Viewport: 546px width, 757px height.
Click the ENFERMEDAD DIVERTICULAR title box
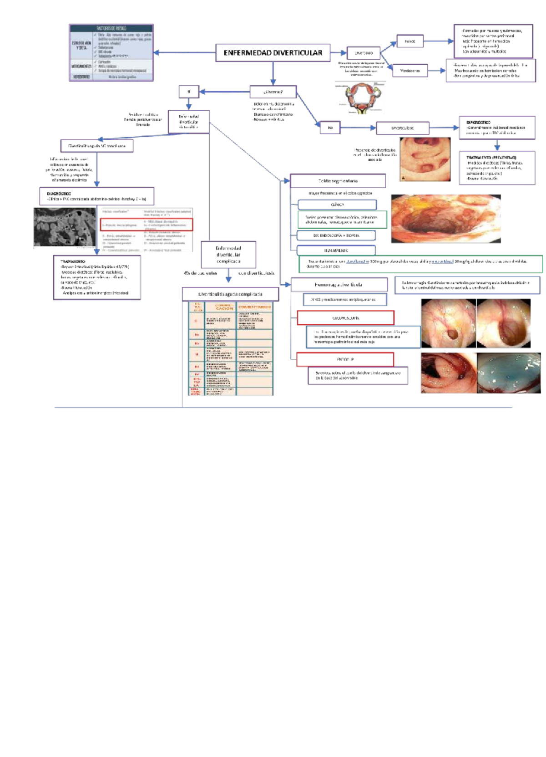[273, 53]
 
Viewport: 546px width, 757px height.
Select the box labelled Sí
[189, 92]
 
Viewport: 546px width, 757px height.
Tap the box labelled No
[330, 128]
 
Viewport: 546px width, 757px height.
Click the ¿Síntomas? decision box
[273, 92]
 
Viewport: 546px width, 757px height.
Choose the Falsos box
[409, 41]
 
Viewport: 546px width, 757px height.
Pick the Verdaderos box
[409, 71]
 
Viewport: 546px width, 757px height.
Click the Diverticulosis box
[402, 128]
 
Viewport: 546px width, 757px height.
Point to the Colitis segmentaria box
[338, 181]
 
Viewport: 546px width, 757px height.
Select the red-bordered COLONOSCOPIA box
[345, 318]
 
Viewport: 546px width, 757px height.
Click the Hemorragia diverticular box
[339, 285]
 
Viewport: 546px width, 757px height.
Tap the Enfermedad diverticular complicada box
[228, 255]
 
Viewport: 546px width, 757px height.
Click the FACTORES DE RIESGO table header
[111, 28]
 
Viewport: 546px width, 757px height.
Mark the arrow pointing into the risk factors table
[157, 52]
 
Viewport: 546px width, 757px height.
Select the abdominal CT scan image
[65, 228]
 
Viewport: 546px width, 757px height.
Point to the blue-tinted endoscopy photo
[508, 373]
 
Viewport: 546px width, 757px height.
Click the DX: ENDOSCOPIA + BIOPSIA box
[336, 235]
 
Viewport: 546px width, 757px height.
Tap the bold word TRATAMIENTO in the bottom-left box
[73, 261]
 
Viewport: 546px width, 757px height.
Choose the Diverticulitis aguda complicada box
[230, 294]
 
